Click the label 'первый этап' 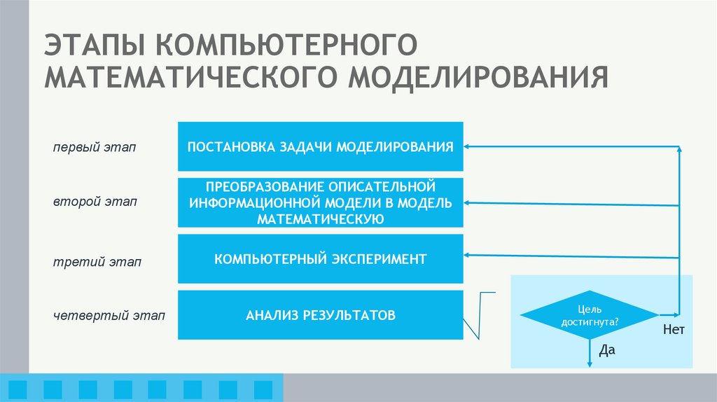[x=95, y=148]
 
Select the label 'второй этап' [x=95, y=202]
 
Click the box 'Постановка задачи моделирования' [x=321, y=146]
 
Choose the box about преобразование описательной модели [x=321, y=203]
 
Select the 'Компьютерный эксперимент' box [x=321, y=259]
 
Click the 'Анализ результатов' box [x=321, y=315]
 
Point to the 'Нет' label [x=673, y=329]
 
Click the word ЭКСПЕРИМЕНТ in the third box [x=382, y=259]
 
